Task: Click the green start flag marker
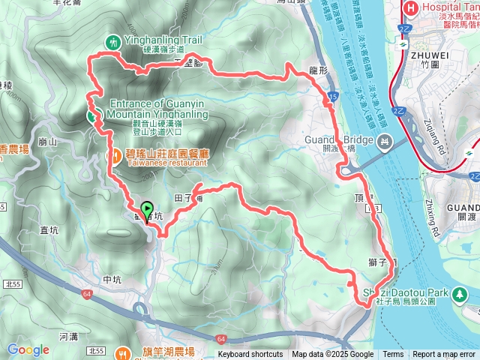147,209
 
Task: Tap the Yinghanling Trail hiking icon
112,43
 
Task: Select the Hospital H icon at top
410,9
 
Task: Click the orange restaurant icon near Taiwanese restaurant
117,156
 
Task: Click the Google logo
28,349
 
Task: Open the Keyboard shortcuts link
250,355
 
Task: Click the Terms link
393,355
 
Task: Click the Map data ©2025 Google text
332,355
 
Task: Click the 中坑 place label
112,280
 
